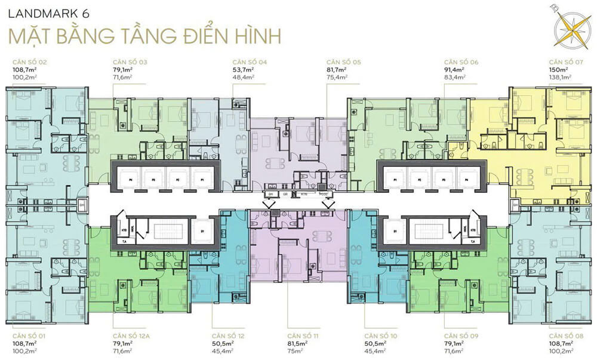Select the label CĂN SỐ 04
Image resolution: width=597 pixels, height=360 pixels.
coord(250,62)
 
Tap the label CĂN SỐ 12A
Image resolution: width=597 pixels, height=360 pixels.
coord(131,336)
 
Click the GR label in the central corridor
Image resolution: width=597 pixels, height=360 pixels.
coord(285,195)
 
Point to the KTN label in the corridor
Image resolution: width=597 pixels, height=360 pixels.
coord(303,195)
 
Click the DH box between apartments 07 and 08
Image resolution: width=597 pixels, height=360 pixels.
coord(514,205)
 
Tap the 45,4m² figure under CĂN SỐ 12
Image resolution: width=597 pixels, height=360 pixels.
coord(222,351)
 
